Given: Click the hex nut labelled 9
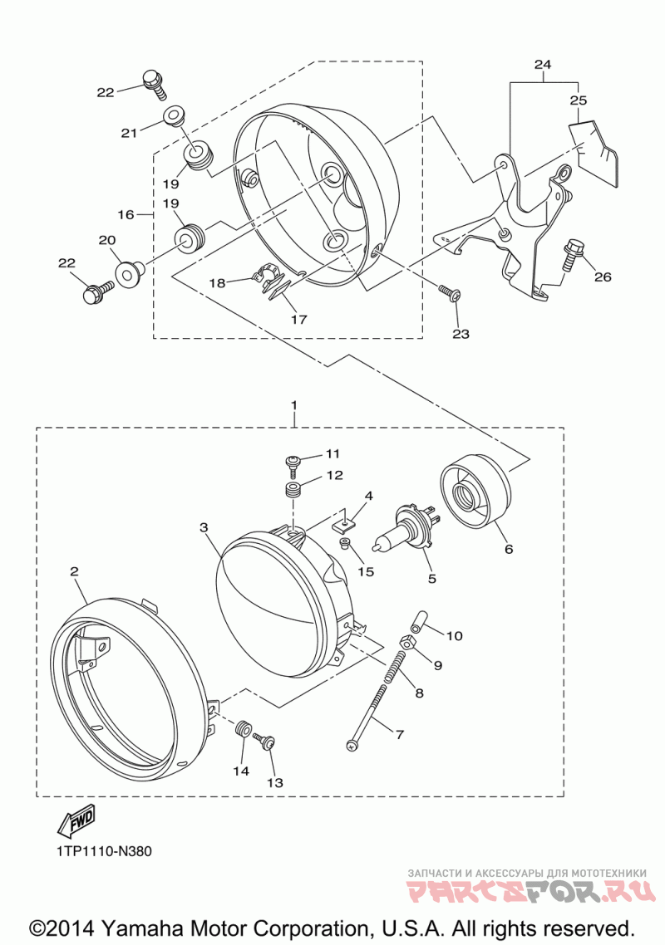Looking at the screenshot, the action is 408,644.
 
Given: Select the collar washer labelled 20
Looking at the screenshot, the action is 129,273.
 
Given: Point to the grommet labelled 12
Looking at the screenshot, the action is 293,489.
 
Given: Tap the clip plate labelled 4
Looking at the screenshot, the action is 342,520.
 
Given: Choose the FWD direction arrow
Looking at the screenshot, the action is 74,821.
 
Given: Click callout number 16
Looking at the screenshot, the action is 126,214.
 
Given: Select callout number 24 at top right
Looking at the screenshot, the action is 543,65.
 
